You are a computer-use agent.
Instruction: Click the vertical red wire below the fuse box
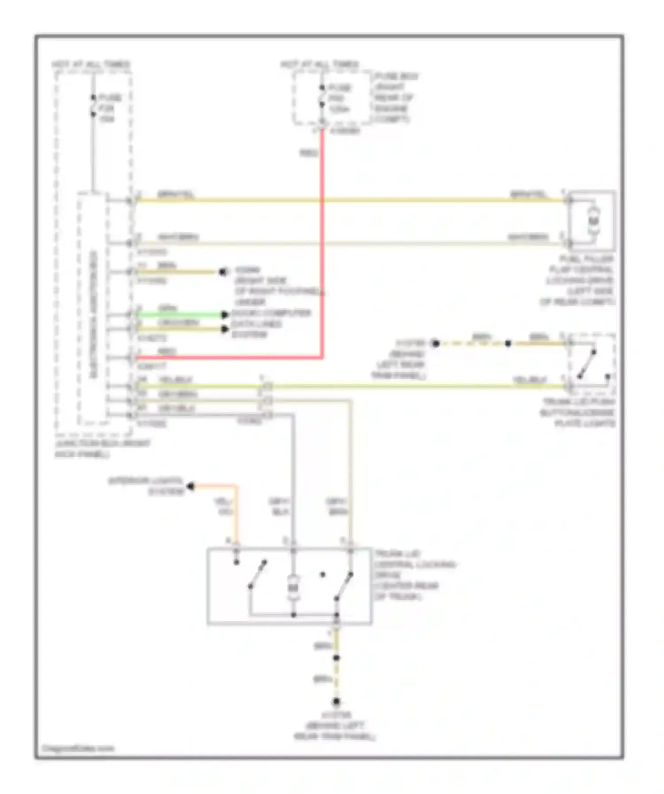click(322, 243)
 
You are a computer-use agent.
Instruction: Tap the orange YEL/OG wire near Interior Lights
click(235, 509)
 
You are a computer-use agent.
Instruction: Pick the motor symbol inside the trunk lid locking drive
click(293, 587)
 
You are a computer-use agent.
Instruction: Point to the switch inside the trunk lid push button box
click(587, 364)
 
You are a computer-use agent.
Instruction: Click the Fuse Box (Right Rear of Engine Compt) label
click(395, 98)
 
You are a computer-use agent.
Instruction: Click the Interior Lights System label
click(146, 486)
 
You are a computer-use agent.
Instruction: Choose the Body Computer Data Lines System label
click(271, 324)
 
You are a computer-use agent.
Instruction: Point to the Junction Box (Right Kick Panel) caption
click(102, 449)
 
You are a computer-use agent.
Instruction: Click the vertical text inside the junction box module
click(93, 314)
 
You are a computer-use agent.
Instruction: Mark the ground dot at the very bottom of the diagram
click(336, 702)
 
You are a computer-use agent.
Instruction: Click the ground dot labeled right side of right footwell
click(223, 272)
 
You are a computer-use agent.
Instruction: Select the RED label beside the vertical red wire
click(309, 153)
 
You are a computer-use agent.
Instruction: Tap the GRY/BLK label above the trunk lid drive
click(280, 506)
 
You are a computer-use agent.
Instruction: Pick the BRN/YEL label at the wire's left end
click(176, 195)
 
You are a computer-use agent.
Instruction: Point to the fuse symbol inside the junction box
click(93, 106)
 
